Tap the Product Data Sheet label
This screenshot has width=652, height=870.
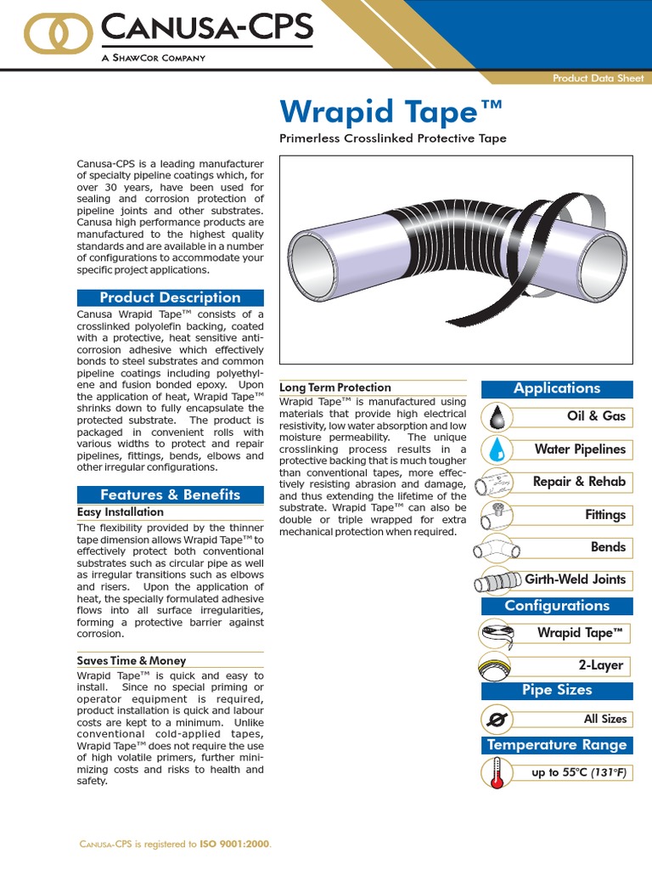click(x=593, y=78)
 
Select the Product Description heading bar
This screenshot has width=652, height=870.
click(x=171, y=297)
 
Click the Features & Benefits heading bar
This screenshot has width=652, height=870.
click(x=171, y=494)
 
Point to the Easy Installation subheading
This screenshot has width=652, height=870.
click(x=121, y=512)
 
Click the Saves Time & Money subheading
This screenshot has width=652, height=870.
click(x=132, y=660)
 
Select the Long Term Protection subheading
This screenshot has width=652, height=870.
click(x=335, y=387)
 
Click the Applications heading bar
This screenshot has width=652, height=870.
click(x=557, y=388)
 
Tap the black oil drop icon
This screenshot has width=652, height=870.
click(x=497, y=417)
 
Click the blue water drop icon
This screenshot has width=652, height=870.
click(x=497, y=449)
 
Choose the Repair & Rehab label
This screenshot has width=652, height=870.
click(x=579, y=482)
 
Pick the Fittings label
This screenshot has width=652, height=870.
click(x=604, y=515)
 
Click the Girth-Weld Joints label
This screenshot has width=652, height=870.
click(x=575, y=579)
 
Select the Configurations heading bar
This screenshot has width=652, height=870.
click(x=557, y=606)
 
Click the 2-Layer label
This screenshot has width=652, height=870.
click(x=601, y=665)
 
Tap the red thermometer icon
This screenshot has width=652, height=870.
click(x=497, y=773)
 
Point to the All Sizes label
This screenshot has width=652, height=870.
click(x=605, y=719)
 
